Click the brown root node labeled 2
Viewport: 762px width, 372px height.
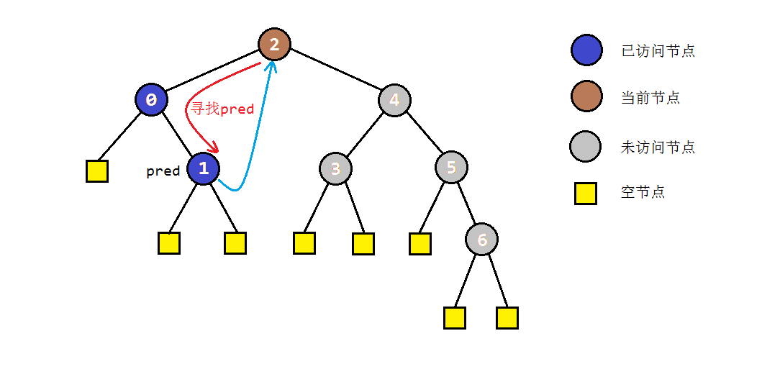point(274,45)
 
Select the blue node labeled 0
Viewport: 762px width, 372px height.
point(151,100)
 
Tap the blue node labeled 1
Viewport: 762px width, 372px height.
point(203,168)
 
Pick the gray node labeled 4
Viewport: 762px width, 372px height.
point(394,100)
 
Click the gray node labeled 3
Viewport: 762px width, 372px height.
point(335,169)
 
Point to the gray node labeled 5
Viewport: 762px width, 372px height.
point(451,168)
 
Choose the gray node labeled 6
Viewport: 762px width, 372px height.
point(481,239)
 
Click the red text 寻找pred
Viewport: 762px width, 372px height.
point(222,109)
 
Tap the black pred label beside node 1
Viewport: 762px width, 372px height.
point(163,171)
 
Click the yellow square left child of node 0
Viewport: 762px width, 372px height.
point(97,171)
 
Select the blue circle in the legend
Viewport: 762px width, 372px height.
point(586,50)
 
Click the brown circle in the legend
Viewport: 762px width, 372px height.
point(586,96)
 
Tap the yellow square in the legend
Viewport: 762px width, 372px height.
point(586,193)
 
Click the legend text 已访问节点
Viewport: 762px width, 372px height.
point(658,51)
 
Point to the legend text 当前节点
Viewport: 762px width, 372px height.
point(650,98)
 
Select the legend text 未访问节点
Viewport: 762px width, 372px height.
point(658,148)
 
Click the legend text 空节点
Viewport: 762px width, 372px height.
point(643,192)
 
